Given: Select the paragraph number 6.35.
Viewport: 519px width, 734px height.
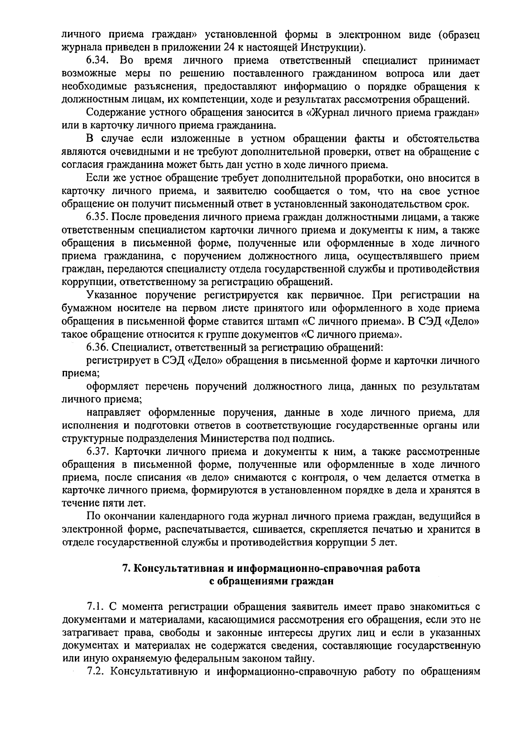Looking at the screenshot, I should click(98, 217).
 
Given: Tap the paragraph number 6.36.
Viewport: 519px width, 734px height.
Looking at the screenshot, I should click(98, 347).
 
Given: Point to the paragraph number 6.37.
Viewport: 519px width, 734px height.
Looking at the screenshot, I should click(98, 452).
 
